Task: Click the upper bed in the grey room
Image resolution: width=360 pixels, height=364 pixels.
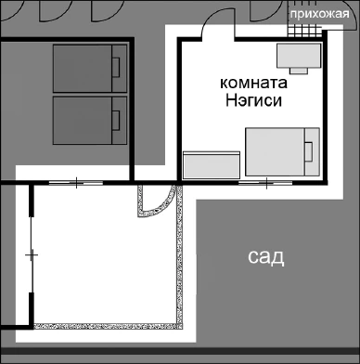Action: [x=88, y=67]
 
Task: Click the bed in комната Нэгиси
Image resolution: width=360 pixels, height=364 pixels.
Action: [x=282, y=152]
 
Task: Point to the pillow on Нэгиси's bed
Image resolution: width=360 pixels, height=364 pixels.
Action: [x=311, y=150]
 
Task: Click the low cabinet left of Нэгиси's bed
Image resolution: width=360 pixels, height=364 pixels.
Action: [x=212, y=164]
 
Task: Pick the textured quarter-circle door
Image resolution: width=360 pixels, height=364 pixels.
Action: [x=153, y=198]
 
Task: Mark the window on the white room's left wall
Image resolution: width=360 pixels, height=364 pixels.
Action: [x=32, y=253]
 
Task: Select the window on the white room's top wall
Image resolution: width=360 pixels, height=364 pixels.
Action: [x=75, y=181]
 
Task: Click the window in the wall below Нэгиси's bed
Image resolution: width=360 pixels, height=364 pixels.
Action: [x=266, y=181]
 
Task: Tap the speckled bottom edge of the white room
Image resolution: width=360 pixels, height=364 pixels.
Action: [x=109, y=327]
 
